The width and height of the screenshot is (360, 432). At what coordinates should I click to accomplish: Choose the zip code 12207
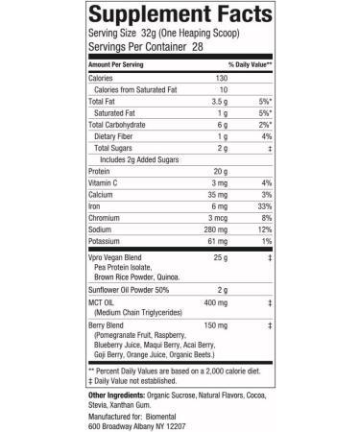pyautogui.click(x=185, y=426)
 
